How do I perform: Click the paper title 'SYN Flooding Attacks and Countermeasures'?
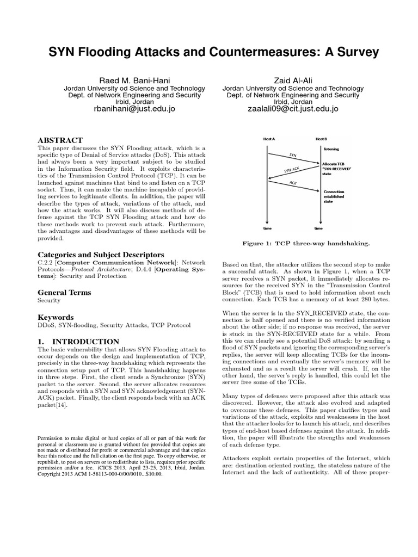[209, 52]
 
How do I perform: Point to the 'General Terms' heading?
[64, 292]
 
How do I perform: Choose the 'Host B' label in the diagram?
[321, 139]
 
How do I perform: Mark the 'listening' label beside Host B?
[331, 148]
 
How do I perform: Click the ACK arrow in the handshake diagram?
[293, 184]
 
